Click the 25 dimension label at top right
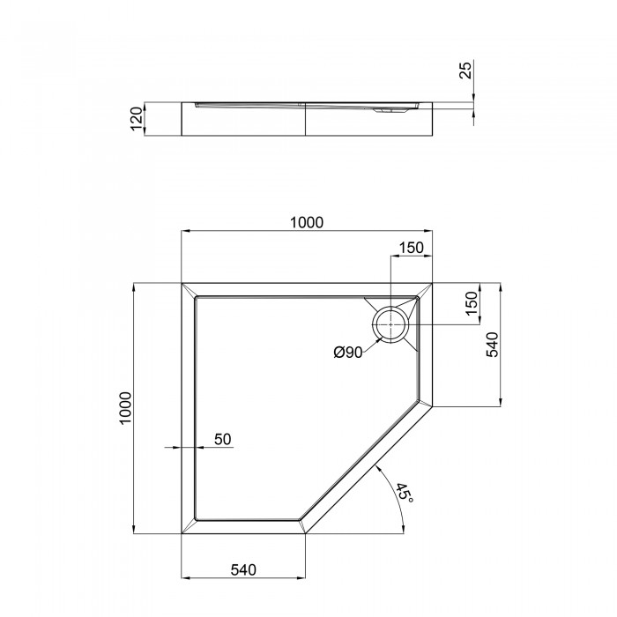click(465, 71)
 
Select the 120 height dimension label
click(136, 119)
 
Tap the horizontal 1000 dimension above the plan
click(307, 223)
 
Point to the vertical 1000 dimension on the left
click(125, 408)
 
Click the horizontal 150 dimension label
click(412, 248)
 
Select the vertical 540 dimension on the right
click(492, 345)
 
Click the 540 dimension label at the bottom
click(243, 569)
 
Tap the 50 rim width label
click(223, 439)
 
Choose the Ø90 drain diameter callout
click(348, 353)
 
